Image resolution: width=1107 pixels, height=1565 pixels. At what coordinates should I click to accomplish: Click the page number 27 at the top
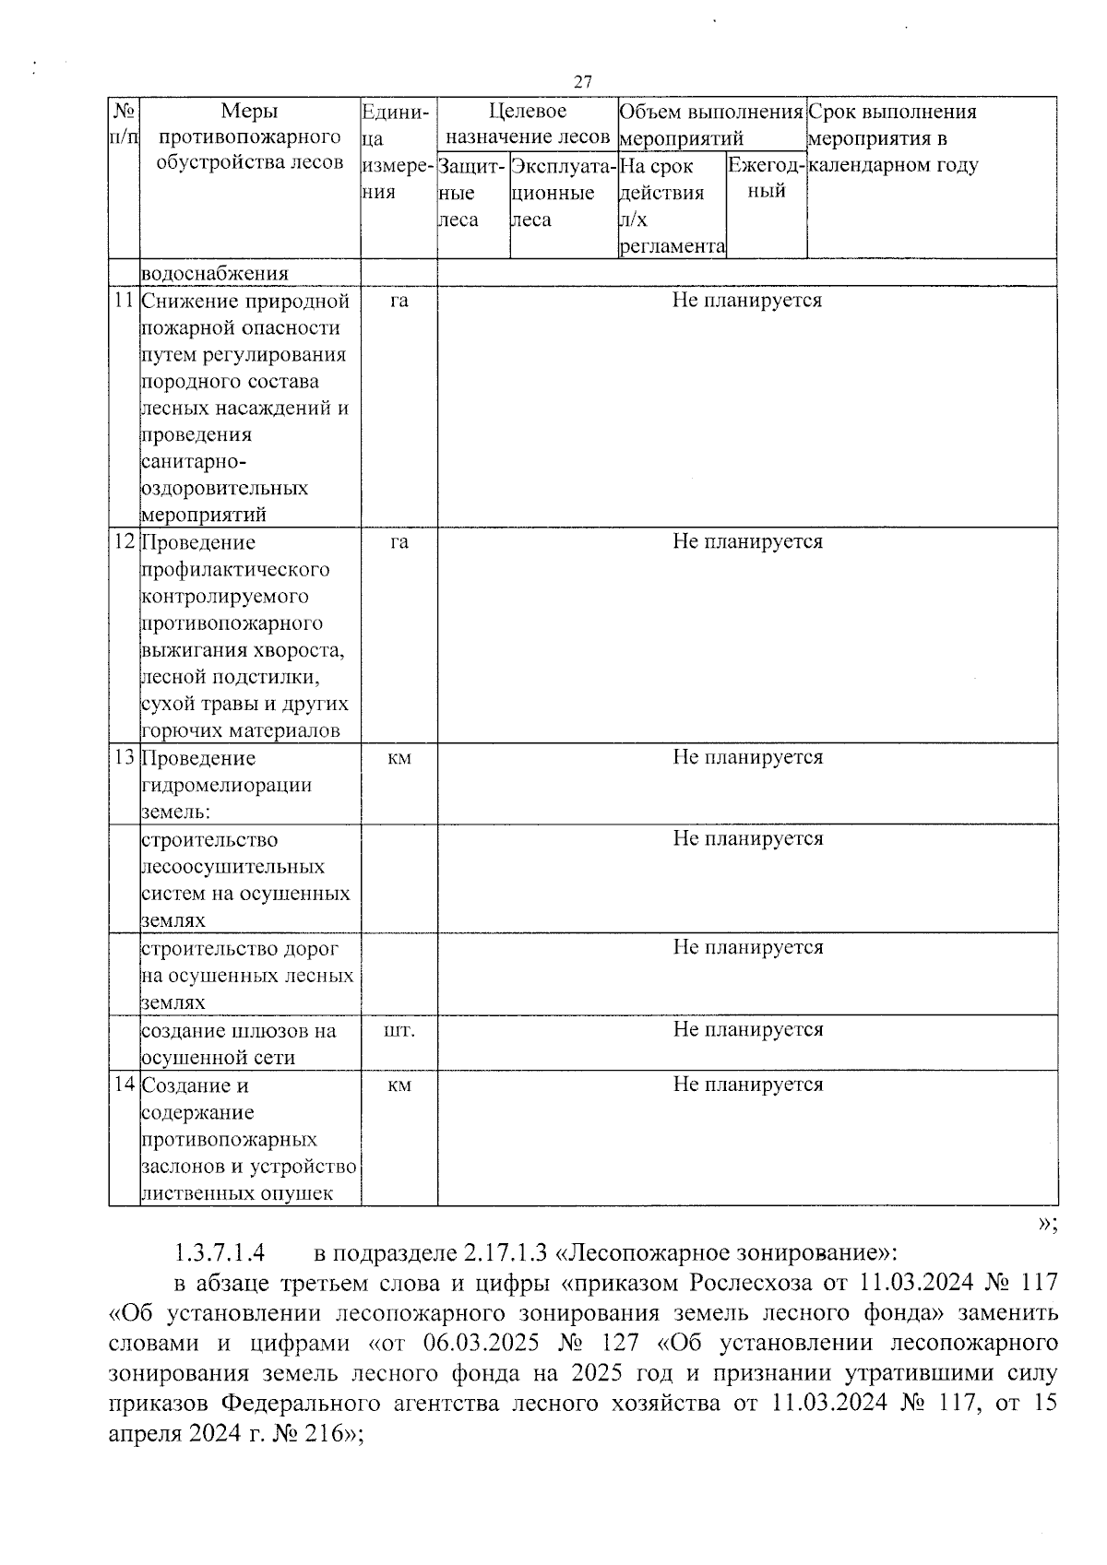tap(582, 82)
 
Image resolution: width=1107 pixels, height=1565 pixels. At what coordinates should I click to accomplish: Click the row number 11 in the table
tap(124, 301)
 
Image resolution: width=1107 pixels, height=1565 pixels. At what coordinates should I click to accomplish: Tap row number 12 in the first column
tap(124, 542)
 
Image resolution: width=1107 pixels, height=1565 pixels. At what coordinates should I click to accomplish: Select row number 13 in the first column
tap(124, 758)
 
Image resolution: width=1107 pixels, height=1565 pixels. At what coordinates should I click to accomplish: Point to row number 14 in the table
tap(124, 1085)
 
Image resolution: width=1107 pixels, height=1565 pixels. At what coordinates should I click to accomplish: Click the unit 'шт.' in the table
tap(399, 1030)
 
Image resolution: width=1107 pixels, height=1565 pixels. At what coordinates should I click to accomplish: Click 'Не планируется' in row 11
tap(746, 301)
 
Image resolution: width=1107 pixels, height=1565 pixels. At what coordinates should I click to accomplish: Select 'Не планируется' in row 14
tap(747, 1085)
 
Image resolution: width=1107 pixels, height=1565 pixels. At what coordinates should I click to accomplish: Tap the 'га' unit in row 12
tap(399, 542)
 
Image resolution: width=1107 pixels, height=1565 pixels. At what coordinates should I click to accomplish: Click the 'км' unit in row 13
tap(399, 758)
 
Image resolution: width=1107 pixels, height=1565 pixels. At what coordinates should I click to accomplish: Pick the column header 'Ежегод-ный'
tap(767, 178)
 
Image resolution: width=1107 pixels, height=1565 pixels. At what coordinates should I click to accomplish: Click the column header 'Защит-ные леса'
tap(471, 193)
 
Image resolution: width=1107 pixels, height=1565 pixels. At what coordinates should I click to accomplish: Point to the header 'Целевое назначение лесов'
tap(528, 124)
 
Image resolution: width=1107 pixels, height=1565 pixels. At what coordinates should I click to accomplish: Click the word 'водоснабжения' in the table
tap(214, 274)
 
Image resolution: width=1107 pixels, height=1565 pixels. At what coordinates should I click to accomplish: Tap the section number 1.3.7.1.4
tap(220, 1254)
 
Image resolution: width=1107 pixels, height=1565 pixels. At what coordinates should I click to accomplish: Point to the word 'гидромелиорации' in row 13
tap(227, 786)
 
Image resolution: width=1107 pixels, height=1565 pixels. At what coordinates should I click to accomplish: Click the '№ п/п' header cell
tap(124, 124)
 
